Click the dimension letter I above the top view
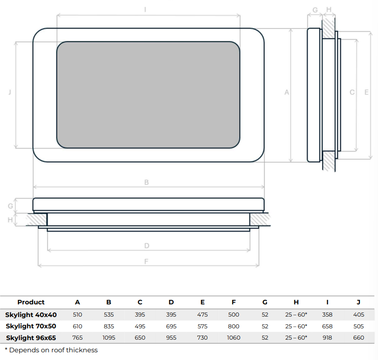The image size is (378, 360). point(145,9)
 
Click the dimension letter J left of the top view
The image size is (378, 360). point(10,92)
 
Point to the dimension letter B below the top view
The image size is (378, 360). point(147,182)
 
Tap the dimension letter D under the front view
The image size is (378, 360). point(147,246)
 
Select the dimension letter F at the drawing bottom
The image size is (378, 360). point(146,261)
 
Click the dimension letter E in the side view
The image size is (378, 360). point(366,92)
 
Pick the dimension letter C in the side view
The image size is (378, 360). point(352,92)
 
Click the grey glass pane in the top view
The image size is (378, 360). point(148,95)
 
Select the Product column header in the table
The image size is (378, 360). point(31,302)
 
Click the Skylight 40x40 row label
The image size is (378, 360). point(31,314)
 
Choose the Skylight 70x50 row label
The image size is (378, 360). point(31,326)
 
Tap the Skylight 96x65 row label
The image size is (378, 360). point(31,338)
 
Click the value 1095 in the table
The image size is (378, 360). point(109,338)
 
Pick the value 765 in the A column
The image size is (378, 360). point(77,338)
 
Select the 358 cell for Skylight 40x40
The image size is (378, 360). point(327,314)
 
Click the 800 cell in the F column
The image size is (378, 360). point(234,326)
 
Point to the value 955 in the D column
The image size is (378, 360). point(171,338)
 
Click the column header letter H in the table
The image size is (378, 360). point(296,302)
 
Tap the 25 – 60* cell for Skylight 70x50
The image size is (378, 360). point(296,326)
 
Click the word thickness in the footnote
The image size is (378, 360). point(83,350)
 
